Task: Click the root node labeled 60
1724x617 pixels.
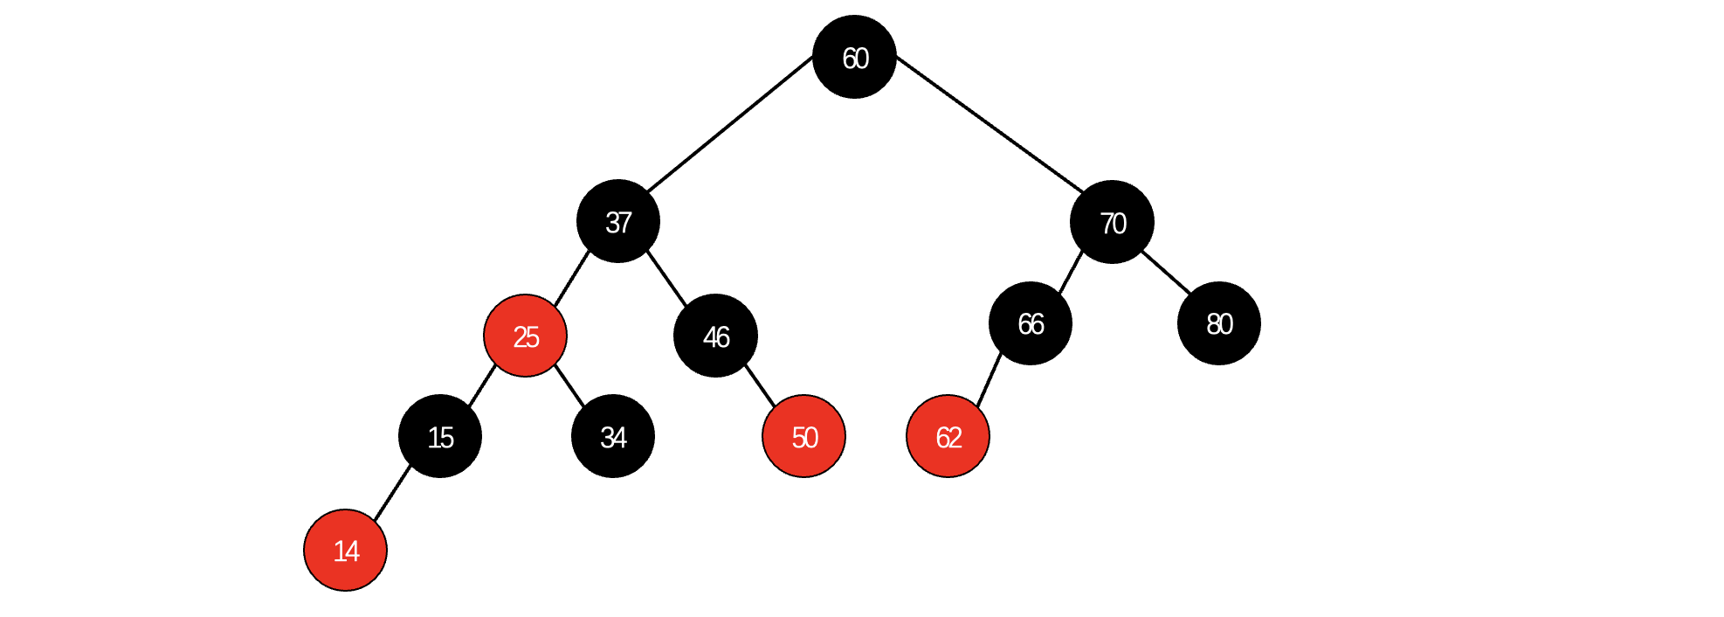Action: (x=854, y=57)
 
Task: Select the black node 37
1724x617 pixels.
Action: (x=618, y=221)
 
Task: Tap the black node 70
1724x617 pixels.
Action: (x=1112, y=222)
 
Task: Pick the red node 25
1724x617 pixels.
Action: (x=526, y=336)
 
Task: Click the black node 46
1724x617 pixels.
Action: (x=715, y=336)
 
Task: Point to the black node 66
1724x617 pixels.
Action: (x=1031, y=323)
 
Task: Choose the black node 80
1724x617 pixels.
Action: (x=1218, y=323)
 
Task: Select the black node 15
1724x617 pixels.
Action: (x=440, y=436)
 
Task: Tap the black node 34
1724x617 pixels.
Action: (x=613, y=436)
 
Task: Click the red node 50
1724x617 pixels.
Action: (x=803, y=436)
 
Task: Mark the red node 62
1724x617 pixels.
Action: (x=948, y=436)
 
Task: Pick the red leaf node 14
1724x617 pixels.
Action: (x=346, y=550)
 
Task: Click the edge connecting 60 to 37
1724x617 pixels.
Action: (x=730, y=124)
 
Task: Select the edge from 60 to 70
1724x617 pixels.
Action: (x=990, y=124)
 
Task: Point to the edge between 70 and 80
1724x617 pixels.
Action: (x=1167, y=273)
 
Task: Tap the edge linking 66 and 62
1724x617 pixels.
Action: (x=989, y=380)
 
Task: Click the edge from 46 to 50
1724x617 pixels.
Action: (x=760, y=385)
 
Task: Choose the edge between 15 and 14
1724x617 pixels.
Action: (x=392, y=494)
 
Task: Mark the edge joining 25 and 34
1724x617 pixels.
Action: (x=569, y=385)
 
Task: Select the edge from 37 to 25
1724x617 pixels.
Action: (x=572, y=279)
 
